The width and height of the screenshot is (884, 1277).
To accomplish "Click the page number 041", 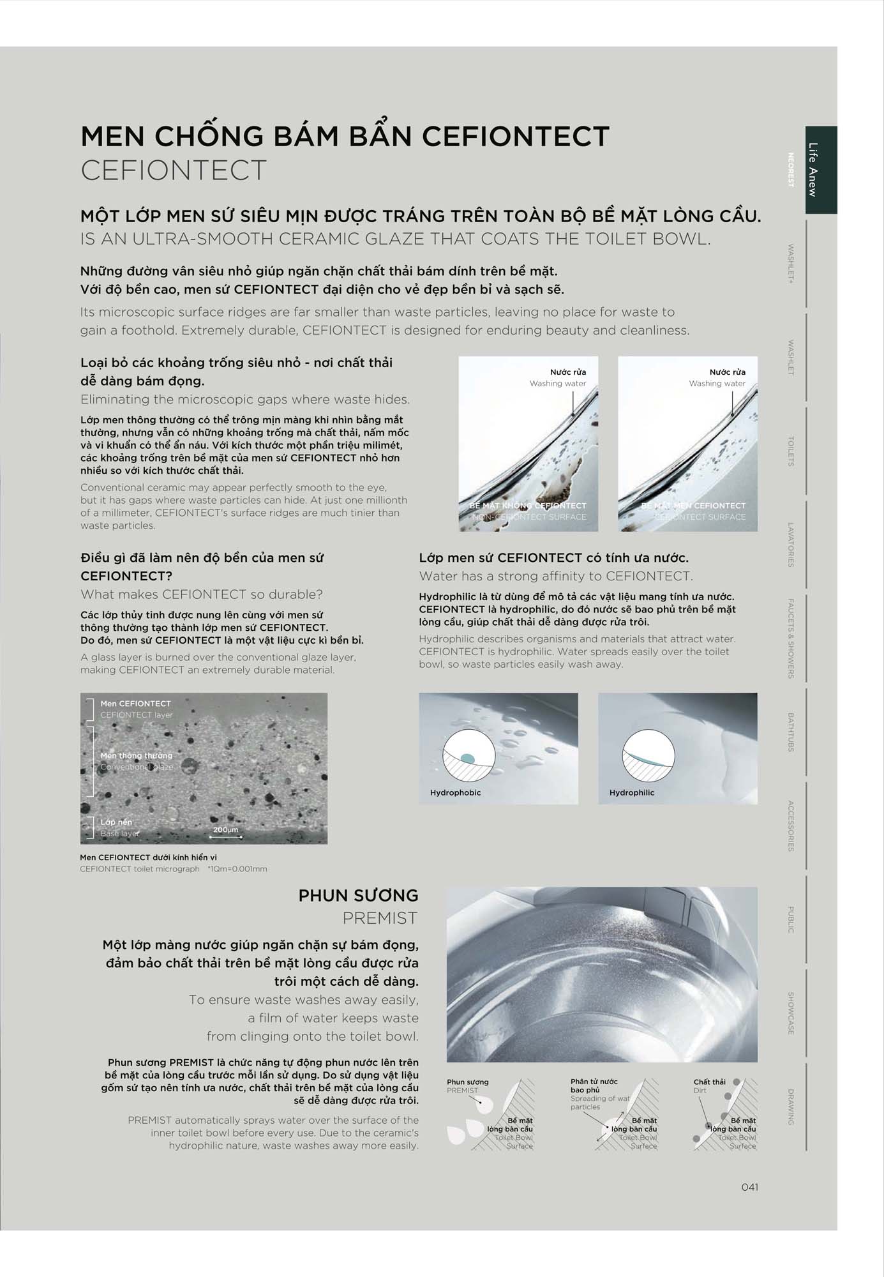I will click(x=749, y=1187).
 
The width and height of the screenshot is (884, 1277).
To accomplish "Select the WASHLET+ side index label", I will click(x=791, y=263).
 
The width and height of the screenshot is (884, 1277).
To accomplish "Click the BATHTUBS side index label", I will click(x=791, y=732).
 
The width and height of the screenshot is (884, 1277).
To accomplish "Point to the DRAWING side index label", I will click(x=791, y=1107).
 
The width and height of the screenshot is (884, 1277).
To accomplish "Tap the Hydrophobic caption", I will click(x=455, y=792).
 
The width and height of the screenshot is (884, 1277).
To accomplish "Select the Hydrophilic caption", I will click(x=631, y=792).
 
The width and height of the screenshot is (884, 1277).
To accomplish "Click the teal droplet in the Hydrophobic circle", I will click(x=467, y=758).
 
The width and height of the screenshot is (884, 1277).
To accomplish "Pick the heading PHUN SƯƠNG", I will click(x=358, y=895).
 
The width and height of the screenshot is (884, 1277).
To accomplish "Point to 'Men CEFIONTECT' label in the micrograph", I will click(x=135, y=703).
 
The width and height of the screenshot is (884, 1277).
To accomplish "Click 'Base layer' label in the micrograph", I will click(x=119, y=833).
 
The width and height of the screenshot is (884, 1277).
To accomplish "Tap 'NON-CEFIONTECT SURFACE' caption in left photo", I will click(x=528, y=517).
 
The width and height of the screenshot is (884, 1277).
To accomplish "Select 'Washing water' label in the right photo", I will click(x=717, y=383).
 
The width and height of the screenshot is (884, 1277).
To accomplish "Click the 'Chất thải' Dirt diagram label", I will click(x=709, y=1082).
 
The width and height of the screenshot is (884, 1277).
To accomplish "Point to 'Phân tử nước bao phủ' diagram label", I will click(x=594, y=1085).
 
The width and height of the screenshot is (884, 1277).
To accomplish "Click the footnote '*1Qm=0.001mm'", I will click(x=237, y=869).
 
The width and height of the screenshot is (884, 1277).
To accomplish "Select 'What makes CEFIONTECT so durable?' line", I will click(x=202, y=594).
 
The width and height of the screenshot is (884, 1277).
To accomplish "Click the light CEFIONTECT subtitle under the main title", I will click(x=174, y=170).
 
